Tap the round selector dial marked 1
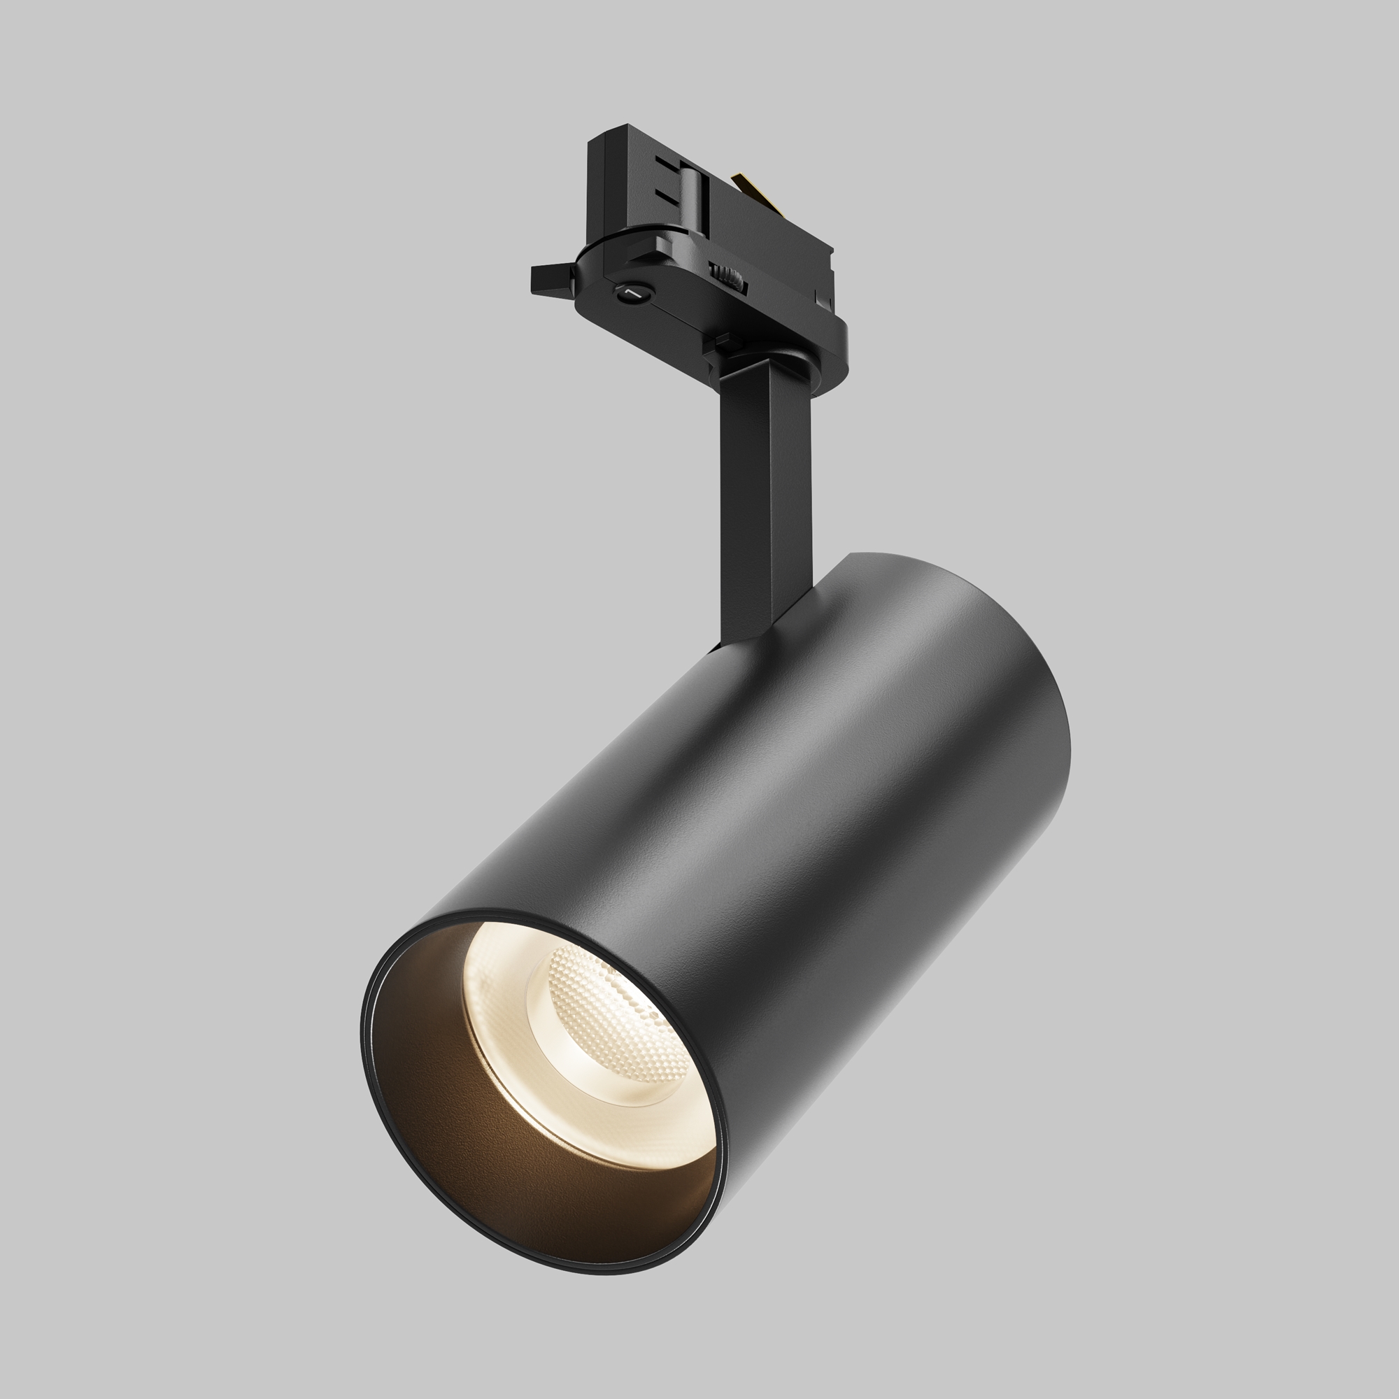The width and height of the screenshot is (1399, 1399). coord(632,291)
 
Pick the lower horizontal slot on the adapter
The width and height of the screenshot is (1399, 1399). coord(667,197)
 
